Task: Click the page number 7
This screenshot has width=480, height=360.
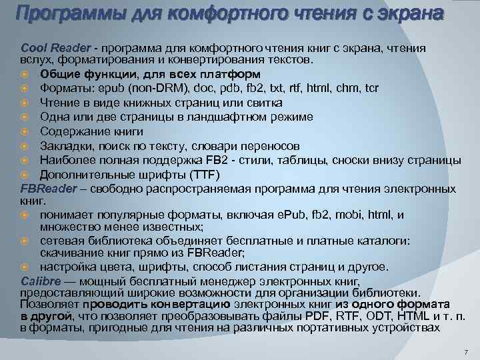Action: tap(466, 351)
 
